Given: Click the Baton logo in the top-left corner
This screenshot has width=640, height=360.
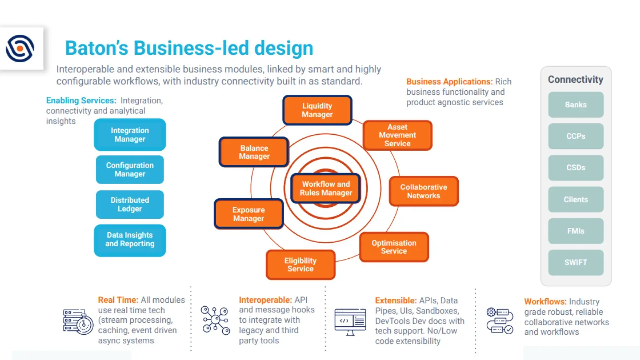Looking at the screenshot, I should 20,49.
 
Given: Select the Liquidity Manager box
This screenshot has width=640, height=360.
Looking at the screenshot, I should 317,110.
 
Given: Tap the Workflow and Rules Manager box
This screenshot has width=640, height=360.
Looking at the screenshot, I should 326,188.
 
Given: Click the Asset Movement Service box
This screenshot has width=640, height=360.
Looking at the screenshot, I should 397,135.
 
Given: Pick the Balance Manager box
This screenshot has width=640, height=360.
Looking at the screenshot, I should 254,152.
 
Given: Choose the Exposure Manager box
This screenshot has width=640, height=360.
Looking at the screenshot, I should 249,214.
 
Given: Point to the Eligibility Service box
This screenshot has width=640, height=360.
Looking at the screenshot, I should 300,265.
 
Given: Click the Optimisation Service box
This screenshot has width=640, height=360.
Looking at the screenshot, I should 394,247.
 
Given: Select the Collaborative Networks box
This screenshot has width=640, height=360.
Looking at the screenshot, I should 423,191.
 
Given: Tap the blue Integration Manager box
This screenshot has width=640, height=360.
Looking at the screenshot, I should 130,135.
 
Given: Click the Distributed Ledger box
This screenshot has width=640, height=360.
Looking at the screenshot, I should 130,204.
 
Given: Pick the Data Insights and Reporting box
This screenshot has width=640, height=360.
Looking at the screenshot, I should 130,240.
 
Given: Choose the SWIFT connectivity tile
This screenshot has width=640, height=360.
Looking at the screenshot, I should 576,263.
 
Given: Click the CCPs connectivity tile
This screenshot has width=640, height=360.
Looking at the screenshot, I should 576,136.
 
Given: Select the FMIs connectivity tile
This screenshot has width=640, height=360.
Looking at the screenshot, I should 576,231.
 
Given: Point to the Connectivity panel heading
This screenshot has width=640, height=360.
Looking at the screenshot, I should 576,80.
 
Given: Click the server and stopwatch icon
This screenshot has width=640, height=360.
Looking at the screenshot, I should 78,322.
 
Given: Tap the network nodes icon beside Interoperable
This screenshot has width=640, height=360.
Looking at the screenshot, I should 215,320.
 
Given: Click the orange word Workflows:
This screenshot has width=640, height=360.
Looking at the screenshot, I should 545,302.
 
